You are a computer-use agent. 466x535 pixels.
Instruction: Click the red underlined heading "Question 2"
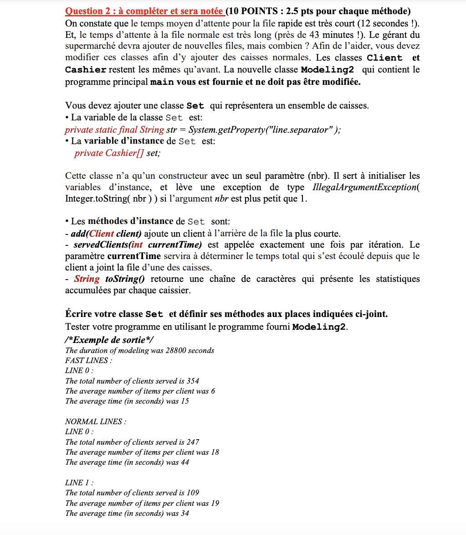87,10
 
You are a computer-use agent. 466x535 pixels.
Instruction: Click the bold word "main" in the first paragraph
162,82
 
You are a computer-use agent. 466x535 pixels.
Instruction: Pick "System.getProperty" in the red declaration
228,130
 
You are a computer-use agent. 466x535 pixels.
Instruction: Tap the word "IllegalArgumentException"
364,187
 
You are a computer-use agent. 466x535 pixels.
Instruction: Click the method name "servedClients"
97,245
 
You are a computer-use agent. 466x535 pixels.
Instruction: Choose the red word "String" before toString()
87,279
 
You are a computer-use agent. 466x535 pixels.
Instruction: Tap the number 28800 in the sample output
175,350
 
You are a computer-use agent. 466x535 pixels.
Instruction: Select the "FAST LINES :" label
89,360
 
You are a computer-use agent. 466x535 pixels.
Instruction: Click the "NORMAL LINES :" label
96,421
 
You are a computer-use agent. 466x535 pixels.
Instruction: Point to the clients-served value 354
193,381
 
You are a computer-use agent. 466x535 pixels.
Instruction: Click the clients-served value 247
193,442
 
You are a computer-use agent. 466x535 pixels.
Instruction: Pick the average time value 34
184,513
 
